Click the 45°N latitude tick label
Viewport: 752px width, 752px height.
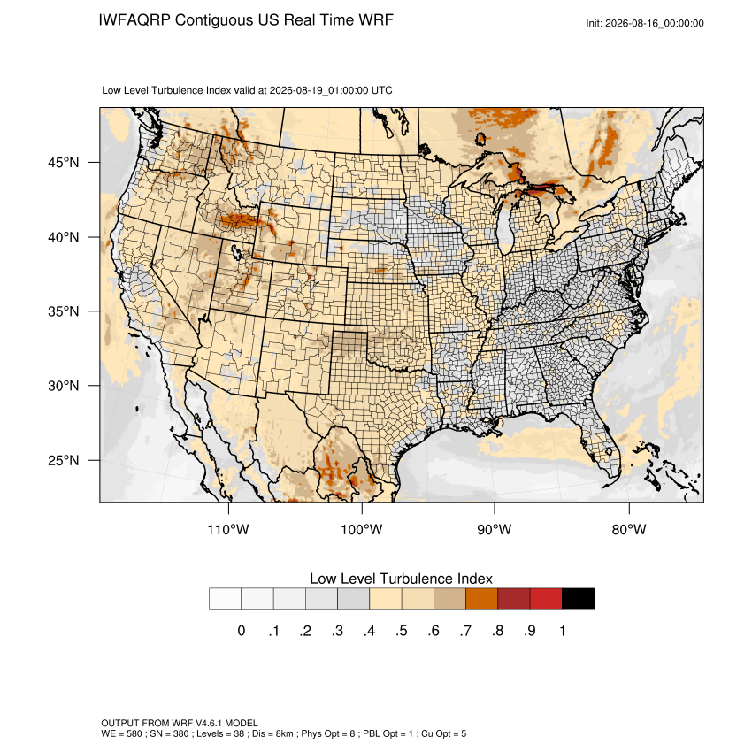[64, 163]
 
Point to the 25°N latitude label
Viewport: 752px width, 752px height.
[64, 460]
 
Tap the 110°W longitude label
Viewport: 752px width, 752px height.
[228, 529]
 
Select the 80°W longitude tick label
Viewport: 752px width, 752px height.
[629, 529]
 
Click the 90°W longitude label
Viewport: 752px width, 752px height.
[494, 529]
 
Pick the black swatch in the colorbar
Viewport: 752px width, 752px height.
[578, 599]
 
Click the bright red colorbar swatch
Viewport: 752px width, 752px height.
[546, 599]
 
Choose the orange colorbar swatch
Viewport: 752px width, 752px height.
[481, 599]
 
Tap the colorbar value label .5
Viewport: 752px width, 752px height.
[402, 631]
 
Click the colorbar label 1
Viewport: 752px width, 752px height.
[562, 631]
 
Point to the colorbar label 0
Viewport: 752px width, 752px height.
[242, 631]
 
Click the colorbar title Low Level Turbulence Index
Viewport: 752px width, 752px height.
[401, 579]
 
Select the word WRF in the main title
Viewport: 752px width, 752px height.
[377, 20]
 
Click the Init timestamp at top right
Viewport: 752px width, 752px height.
[645, 23]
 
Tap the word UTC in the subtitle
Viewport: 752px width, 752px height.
[382, 90]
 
